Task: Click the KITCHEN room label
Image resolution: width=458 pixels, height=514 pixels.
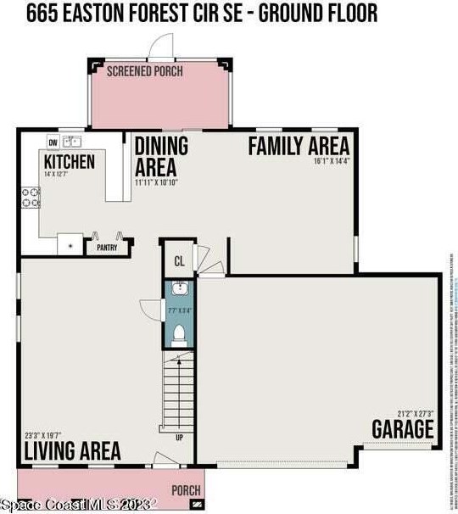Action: [x=70, y=161]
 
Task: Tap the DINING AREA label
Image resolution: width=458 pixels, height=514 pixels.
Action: [x=161, y=156]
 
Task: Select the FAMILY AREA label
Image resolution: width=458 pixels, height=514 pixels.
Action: [x=299, y=146]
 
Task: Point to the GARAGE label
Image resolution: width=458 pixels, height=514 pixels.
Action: [x=402, y=429]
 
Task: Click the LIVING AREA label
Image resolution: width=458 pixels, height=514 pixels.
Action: [x=72, y=450]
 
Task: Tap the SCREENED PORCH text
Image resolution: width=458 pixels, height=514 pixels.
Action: [x=144, y=71]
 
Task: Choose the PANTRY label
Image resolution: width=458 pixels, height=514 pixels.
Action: [x=107, y=249]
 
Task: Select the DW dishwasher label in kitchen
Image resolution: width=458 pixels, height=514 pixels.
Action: [x=53, y=142]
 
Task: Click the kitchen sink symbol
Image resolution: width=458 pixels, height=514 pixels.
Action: [x=72, y=142]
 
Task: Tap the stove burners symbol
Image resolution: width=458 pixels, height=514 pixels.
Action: [x=31, y=198]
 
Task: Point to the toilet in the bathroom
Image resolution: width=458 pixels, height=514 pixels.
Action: [x=178, y=335]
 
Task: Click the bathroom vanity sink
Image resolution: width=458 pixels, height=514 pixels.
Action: [x=179, y=291]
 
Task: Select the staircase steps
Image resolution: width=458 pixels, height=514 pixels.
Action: [x=178, y=391]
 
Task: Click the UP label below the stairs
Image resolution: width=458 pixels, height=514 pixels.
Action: [x=178, y=439]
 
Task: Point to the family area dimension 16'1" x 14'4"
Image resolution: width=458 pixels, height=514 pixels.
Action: [x=331, y=160]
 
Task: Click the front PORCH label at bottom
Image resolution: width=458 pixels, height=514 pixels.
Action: [x=186, y=490]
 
